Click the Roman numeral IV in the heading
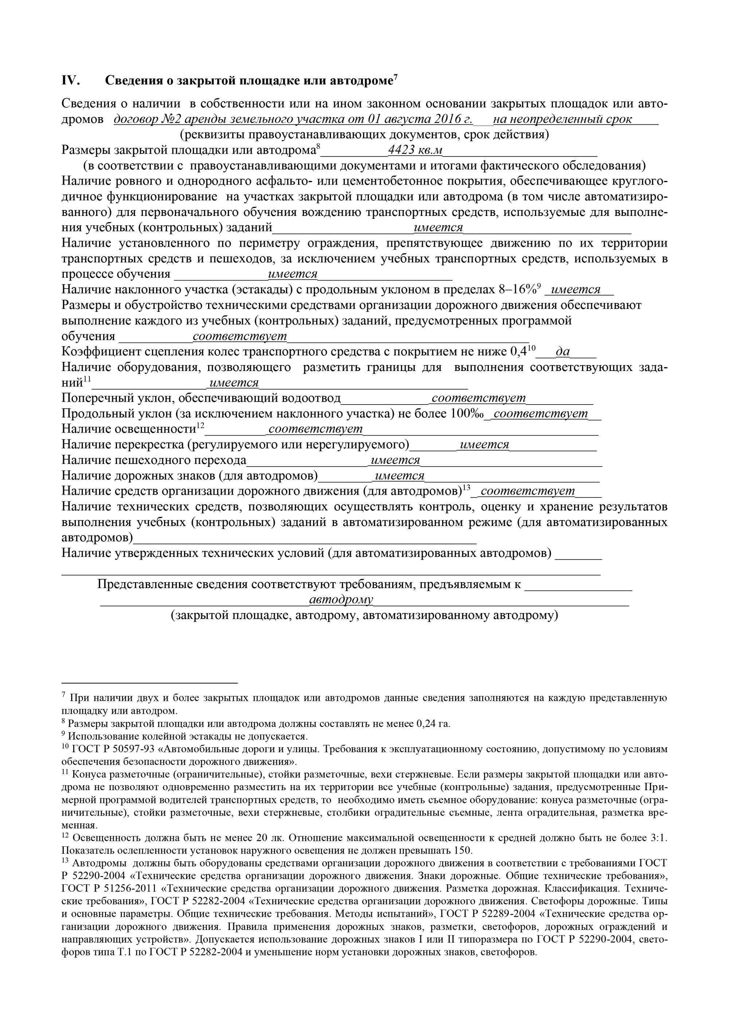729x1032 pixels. pyautogui.click(x=70, y=81)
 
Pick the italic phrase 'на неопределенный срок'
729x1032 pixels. pyautogui.click(x=562, y=120)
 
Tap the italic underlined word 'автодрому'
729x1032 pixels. pyautogui.click(x=341, y=600)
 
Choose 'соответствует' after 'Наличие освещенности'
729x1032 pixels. pyautogui.click(x=315, y=429)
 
